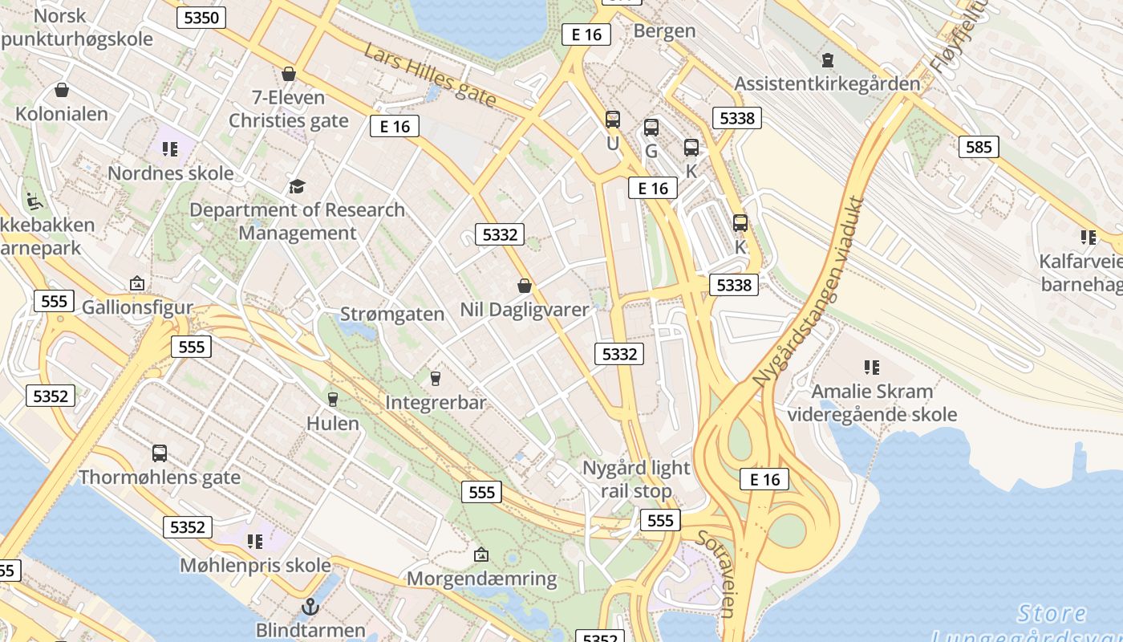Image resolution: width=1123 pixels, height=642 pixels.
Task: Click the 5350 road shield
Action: tap(201, 18)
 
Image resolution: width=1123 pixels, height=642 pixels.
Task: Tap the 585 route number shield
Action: tap(979, 147)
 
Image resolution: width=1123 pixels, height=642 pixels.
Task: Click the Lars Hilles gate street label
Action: tap(430, 75)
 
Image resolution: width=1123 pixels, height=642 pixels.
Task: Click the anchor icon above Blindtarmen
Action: tap(310, 607)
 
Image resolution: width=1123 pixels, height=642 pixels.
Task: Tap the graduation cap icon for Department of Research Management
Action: tap(298, 187)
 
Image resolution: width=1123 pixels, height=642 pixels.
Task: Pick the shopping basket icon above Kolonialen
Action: tap(62, 90)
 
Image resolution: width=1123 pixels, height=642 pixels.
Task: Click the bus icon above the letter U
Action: tap(613, 120)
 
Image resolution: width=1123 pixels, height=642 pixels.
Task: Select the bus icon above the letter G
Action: tap(651, 127)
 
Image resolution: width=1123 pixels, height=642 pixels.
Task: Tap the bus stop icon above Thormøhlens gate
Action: tap(160, 453)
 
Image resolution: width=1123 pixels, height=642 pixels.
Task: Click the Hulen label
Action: tap(333, 423)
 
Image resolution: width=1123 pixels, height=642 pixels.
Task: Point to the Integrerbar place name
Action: tap(436, 402)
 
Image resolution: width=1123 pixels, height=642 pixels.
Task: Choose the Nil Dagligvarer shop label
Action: tap(525, 309)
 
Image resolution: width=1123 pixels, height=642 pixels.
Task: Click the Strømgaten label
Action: tap(392, 314)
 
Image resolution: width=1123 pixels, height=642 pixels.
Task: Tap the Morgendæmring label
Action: tap(481, 579)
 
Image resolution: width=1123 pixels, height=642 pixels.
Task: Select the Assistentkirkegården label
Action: tap(827, 83)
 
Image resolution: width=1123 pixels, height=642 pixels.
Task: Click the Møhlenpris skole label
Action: tap(255, 565)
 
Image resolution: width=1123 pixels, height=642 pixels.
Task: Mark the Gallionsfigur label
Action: tap(138, 307)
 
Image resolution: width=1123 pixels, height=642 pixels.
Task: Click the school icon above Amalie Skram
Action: tap(872, 368)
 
